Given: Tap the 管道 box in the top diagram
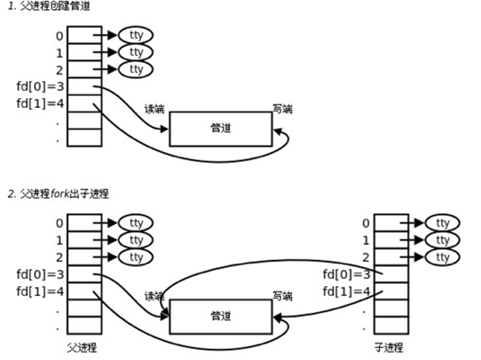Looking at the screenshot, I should tap(221, 129).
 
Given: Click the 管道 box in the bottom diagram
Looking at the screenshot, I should tap(221, 315).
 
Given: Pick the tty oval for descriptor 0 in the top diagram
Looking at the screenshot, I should tap(136, 35).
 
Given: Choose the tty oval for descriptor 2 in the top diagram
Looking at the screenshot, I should tap(136, 69).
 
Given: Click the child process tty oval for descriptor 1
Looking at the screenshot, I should tap(443, 240).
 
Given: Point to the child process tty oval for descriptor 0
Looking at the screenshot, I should tap(443, 223).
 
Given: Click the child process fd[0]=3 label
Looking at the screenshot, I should tap(347, 275).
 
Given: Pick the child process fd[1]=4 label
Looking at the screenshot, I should tap(347, 291).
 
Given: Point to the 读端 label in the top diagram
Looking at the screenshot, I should tap(154, 109).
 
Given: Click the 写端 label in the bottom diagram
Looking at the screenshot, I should tap(283, 295).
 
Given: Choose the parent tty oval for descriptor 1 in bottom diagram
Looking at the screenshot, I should tap(136, 240).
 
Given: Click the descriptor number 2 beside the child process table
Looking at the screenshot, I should tap(366, 257).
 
